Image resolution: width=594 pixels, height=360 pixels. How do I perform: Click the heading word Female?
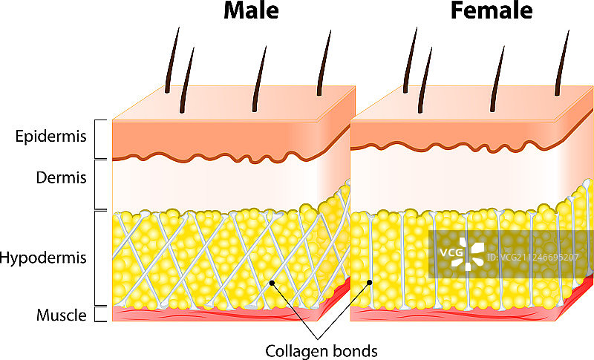[x=491, y=11]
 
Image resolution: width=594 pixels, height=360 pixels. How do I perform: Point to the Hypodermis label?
[x=45, y=258]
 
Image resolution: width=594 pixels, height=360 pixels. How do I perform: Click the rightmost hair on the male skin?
[x=324, y=63]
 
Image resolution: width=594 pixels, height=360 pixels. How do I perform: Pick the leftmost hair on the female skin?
[x=408, y=59]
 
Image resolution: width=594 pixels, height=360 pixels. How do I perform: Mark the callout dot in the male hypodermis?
[x=273, y=283]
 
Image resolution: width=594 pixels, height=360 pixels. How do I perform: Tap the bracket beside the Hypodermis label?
[x=102, y=258]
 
